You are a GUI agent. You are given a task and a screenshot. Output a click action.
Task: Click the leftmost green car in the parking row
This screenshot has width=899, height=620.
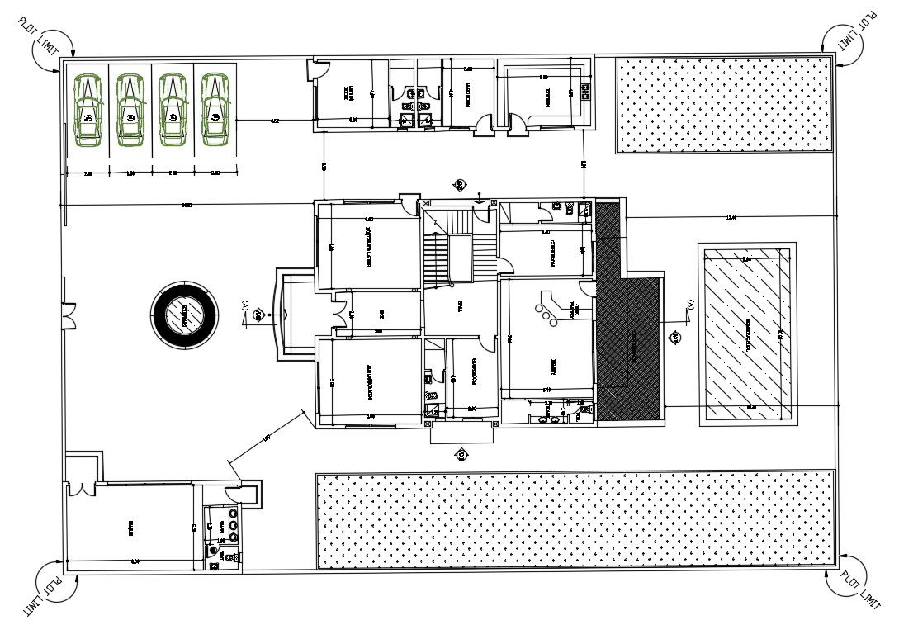pyautogui.click(x=88, y=110)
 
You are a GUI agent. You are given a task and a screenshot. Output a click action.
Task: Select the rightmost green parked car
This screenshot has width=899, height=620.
pyautogui.click(x=215, y=110)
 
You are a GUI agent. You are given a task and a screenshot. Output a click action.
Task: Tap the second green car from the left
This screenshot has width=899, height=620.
pyautogui.click(x=130, y=110)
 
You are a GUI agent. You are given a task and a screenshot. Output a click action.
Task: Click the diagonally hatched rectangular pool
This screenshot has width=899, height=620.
pyautogui.click(x=747, y=334)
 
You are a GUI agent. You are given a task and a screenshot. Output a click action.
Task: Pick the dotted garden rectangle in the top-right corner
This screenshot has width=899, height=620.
pyautogui.click(x=723, y=104)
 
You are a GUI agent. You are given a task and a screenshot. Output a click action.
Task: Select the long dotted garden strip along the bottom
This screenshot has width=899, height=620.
pyautogui.click(x=575, y=519)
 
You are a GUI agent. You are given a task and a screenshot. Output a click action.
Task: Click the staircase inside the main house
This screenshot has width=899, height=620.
pyautogui.click(x=446, y=248)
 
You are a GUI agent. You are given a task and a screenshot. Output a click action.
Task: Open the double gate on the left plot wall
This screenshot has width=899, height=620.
pyautogui.click(x=68, y=315)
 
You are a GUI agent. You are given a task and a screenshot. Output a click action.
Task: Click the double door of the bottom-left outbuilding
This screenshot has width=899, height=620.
pyautogui.click(x=81, y=487)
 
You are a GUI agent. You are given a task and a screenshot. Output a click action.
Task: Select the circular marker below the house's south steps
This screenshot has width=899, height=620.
pyautogui.click(x=461, y=453)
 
